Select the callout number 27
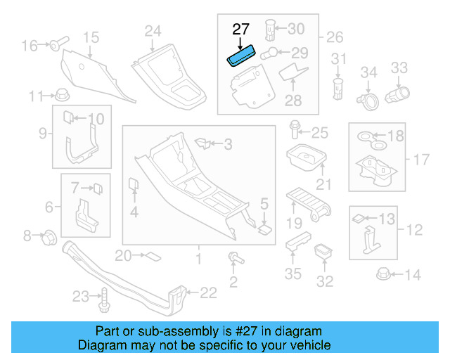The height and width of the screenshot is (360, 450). [x=240, y=30]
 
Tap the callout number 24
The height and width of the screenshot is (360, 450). [x=153, y=30]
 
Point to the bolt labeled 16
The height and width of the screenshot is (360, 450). [x=56, y=45]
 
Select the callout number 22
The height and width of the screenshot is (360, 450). [x=209, y=292]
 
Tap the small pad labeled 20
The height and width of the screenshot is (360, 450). [x=152, y=256]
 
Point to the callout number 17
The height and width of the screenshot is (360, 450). [x=420, y=160]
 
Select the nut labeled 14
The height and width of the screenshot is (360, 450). [x=384, y=274]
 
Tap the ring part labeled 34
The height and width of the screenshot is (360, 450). [x=367, y=101]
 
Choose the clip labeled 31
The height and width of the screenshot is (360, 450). [x=338, y=88]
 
